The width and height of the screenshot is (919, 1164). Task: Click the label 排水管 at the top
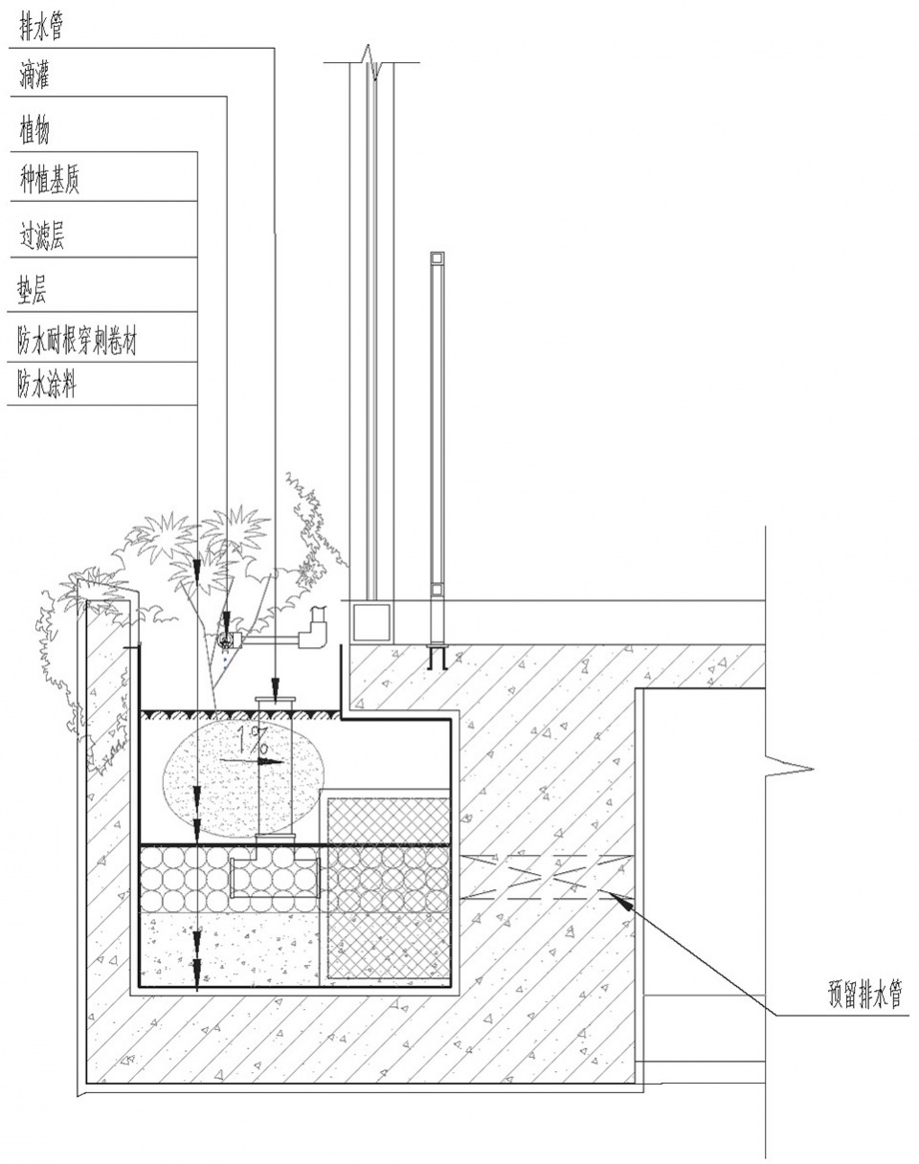pos(41,27)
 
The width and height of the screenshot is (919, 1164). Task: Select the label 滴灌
pos(34,75)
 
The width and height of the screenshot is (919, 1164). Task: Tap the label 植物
pos(34,130)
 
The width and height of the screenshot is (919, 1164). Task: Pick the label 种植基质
pos(50,180)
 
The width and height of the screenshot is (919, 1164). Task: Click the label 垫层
pos(32,289)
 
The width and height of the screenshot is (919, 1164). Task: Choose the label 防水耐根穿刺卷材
pos(78,341)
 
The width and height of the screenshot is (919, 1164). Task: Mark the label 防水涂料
pos(47,385)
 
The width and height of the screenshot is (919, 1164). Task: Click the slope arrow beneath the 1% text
pos(253,762)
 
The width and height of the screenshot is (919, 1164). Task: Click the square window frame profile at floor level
pos(371,622)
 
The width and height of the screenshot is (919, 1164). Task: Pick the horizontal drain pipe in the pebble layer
pos(275,879)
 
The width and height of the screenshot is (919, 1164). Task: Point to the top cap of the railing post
pos(437,258)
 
